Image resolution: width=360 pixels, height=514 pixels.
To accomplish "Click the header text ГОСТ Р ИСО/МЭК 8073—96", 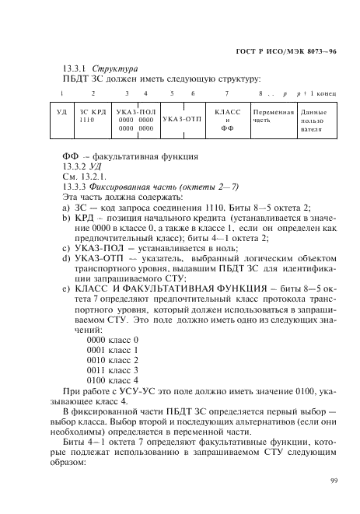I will click(x=285, y=52).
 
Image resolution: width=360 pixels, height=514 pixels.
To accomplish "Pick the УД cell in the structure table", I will click(x=62, y=113).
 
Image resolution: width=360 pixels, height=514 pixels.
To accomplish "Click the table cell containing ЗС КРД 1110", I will click(x=93, y=117).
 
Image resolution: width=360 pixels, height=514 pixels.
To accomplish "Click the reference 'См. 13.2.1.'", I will click(x=83, y=177).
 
